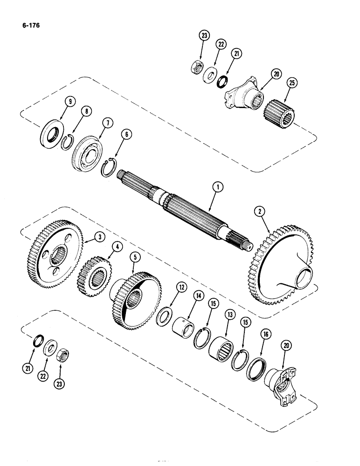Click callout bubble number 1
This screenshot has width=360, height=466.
(x=217, y=186)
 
